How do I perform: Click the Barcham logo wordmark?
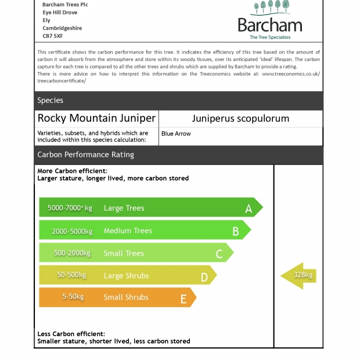point(270,25)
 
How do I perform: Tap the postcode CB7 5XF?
point(53,36)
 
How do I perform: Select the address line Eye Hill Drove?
point(60,12)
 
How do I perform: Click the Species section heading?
point(51,100)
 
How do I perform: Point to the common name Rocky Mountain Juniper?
point(96,118)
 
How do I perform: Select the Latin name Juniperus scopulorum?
point(240,118)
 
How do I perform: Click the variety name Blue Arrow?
point(176,134)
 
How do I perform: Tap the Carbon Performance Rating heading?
point(85,154)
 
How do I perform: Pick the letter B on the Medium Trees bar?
point(236,231)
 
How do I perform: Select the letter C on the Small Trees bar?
point(219,254)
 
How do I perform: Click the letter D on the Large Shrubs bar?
point(204,277)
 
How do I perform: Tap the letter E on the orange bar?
point(183,299)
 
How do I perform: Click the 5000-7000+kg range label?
point(70,208)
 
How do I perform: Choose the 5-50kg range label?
point(73,297)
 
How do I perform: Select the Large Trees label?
point(124,208)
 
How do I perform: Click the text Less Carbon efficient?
point(71,334)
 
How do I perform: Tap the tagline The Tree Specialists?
point(270,37)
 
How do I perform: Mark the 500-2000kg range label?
point(72,253)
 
